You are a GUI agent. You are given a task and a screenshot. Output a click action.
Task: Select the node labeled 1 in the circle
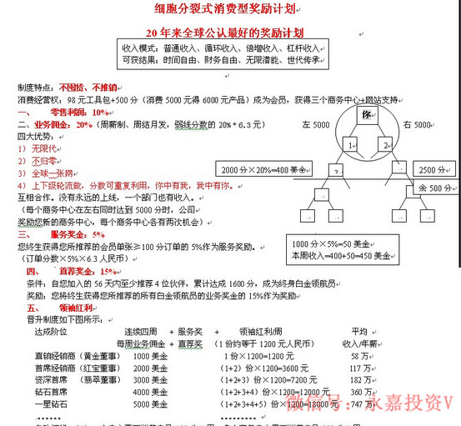point(351,144)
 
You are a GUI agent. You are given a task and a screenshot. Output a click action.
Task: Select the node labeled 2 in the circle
point(385,144)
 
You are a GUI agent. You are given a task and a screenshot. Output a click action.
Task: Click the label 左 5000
point(315,124)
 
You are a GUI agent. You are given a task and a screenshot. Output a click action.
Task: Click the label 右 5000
point(416,124)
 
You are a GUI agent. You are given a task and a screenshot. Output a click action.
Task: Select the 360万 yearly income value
point(361,391)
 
